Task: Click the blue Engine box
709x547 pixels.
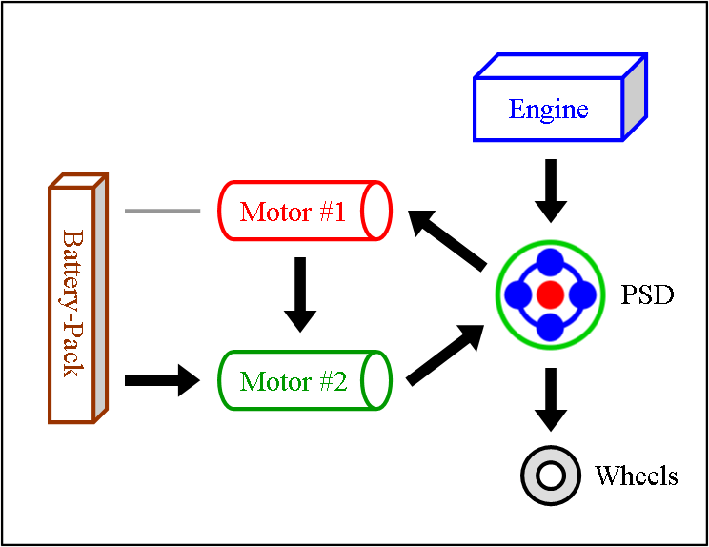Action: pos(549,110)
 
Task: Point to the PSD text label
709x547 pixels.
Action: pos(647,295)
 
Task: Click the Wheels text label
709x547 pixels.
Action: pos(636,476)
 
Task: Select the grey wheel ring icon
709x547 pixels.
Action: pos(550,475)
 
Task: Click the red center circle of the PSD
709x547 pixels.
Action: pos(550,294)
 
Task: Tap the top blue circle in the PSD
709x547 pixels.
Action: pos(550,263)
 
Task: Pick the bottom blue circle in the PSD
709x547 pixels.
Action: pos(550,327)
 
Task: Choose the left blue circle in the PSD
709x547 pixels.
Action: pos(517,294)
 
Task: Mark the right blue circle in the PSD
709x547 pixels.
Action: pos(582,294)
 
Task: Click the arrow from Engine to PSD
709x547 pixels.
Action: pos(550,191)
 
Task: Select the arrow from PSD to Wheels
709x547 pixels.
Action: pos(550,398)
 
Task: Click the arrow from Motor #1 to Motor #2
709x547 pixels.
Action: pos(300,294)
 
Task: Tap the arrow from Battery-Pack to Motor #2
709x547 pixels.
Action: pos(162,381)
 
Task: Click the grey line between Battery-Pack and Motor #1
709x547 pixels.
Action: pos(162,210)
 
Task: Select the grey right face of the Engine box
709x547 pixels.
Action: pos(635,98)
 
